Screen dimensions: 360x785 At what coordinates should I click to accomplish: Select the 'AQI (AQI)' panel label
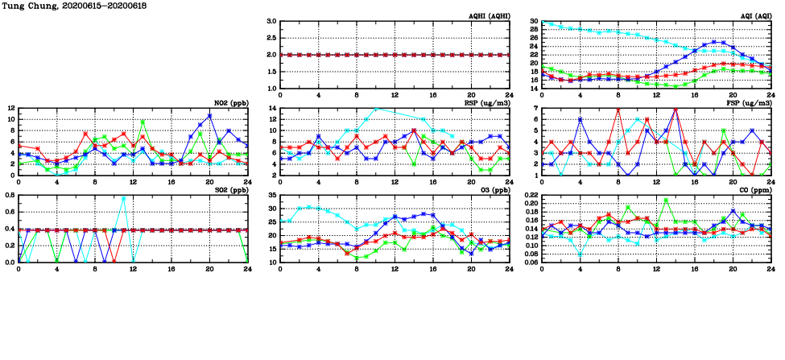[757, 16]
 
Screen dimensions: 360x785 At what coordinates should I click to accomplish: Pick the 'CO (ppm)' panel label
[757, 190]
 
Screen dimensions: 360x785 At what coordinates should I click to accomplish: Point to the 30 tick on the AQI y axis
[533, 22]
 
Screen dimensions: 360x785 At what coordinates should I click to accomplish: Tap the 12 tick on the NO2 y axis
[10, 108]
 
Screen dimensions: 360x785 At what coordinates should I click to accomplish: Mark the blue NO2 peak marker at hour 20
[209, 116]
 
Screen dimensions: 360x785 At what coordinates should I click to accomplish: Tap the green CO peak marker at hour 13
[666, 200]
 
